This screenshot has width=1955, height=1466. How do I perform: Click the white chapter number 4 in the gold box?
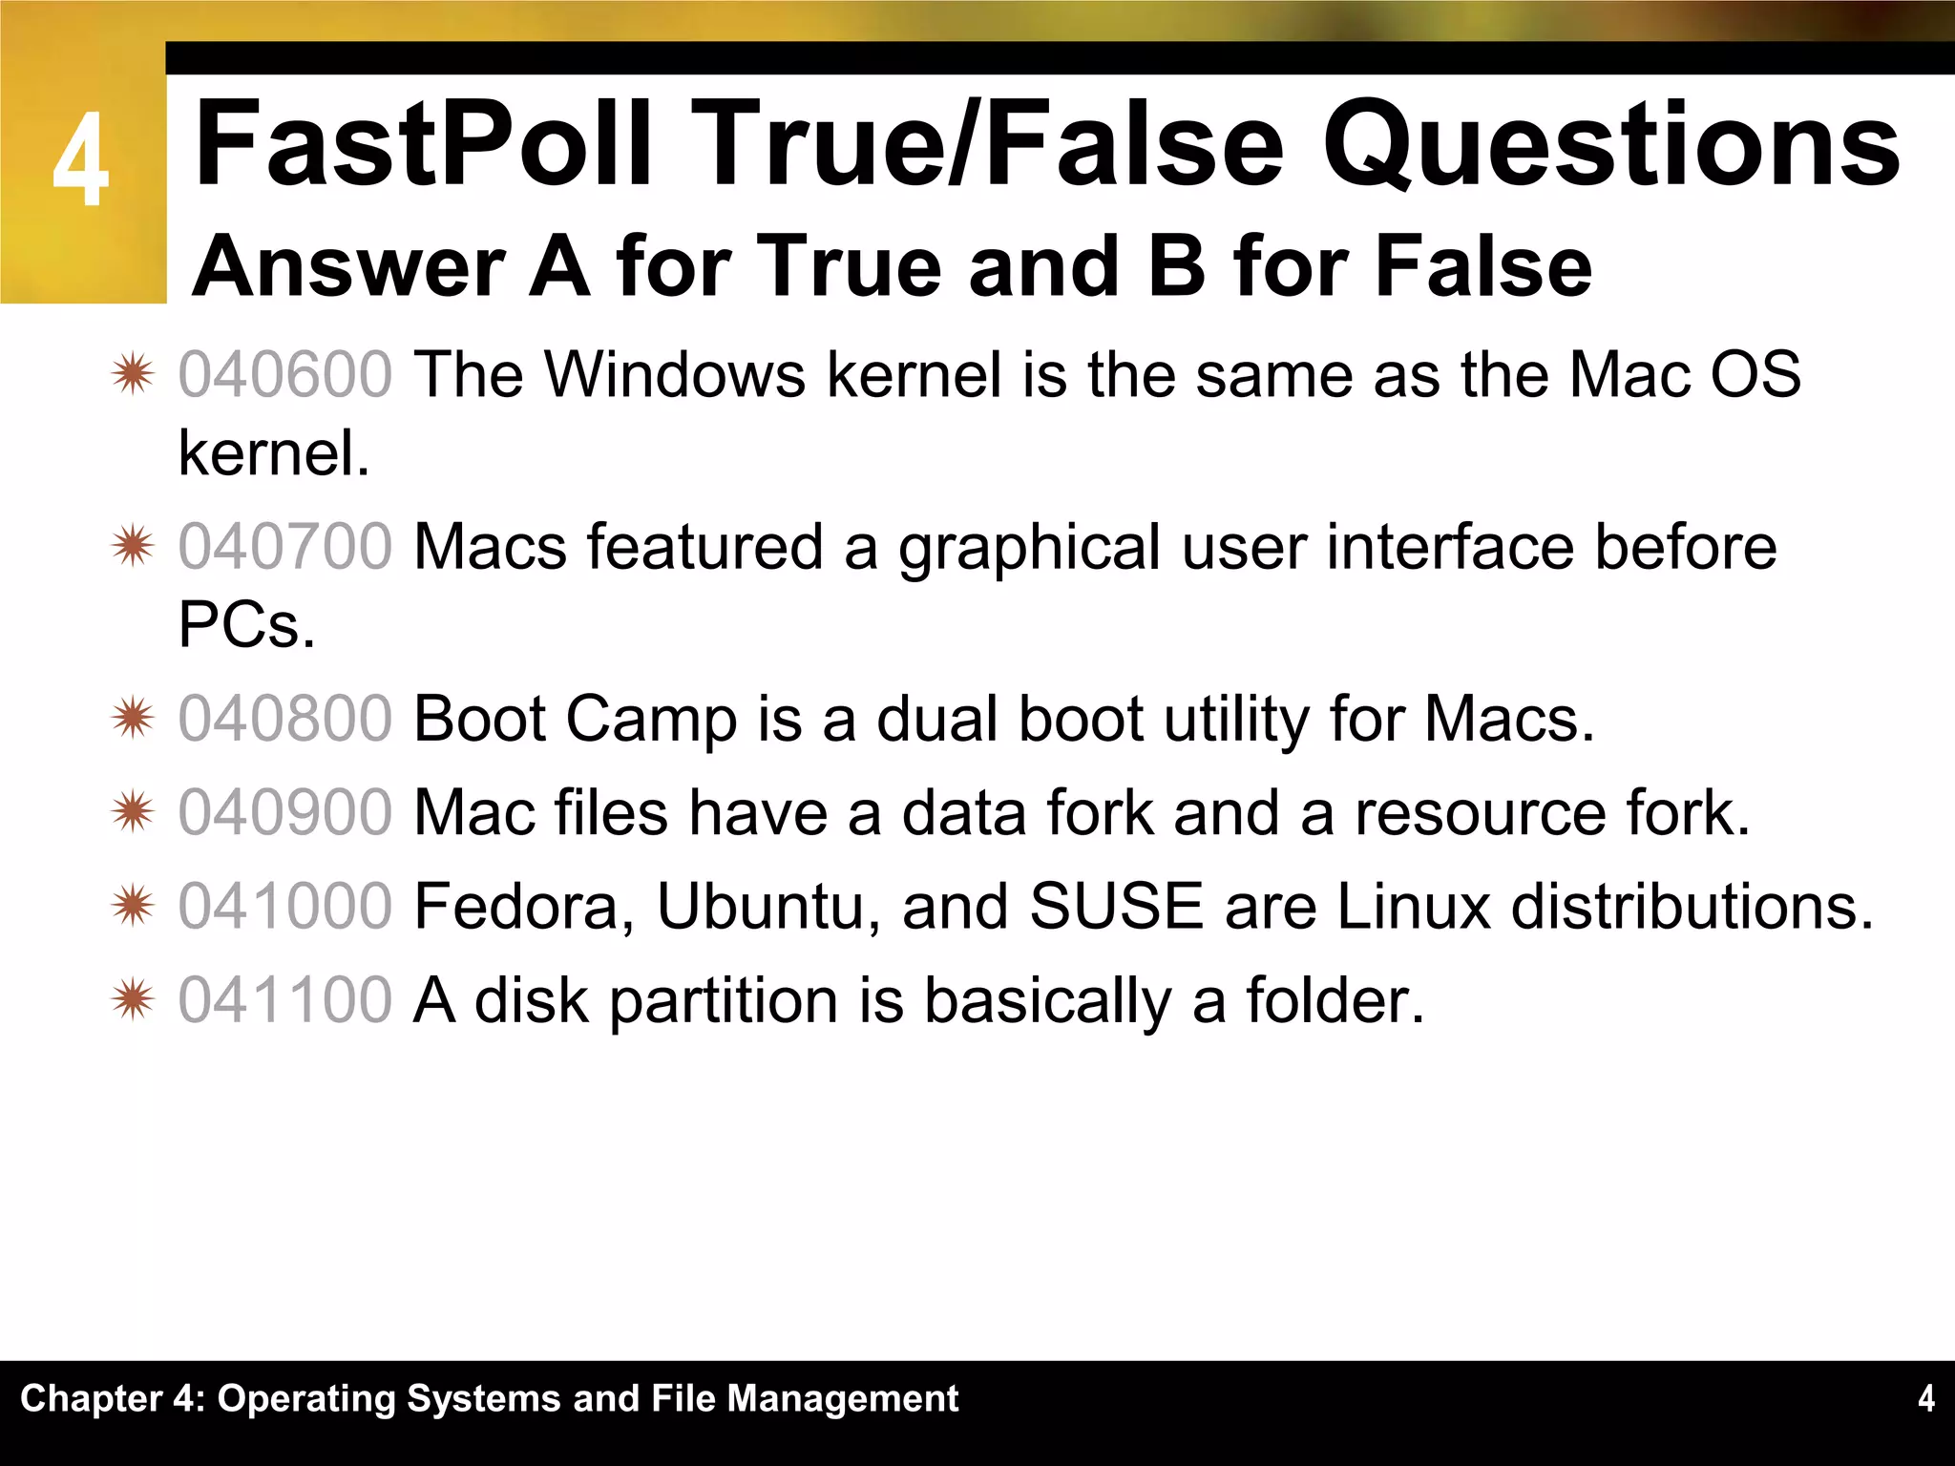80,159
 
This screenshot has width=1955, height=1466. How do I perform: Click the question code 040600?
284,373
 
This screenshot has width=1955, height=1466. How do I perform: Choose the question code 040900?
284,812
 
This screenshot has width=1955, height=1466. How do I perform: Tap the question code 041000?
284,906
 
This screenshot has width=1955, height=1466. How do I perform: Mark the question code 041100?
284,1000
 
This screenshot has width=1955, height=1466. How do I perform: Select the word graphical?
1029,549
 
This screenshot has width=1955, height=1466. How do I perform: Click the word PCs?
246,625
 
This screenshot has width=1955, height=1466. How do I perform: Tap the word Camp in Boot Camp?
651,721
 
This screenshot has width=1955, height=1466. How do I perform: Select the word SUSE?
1116,906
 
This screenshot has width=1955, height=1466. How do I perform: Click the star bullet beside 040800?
132,718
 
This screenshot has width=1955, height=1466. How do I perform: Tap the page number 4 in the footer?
1925,1398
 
